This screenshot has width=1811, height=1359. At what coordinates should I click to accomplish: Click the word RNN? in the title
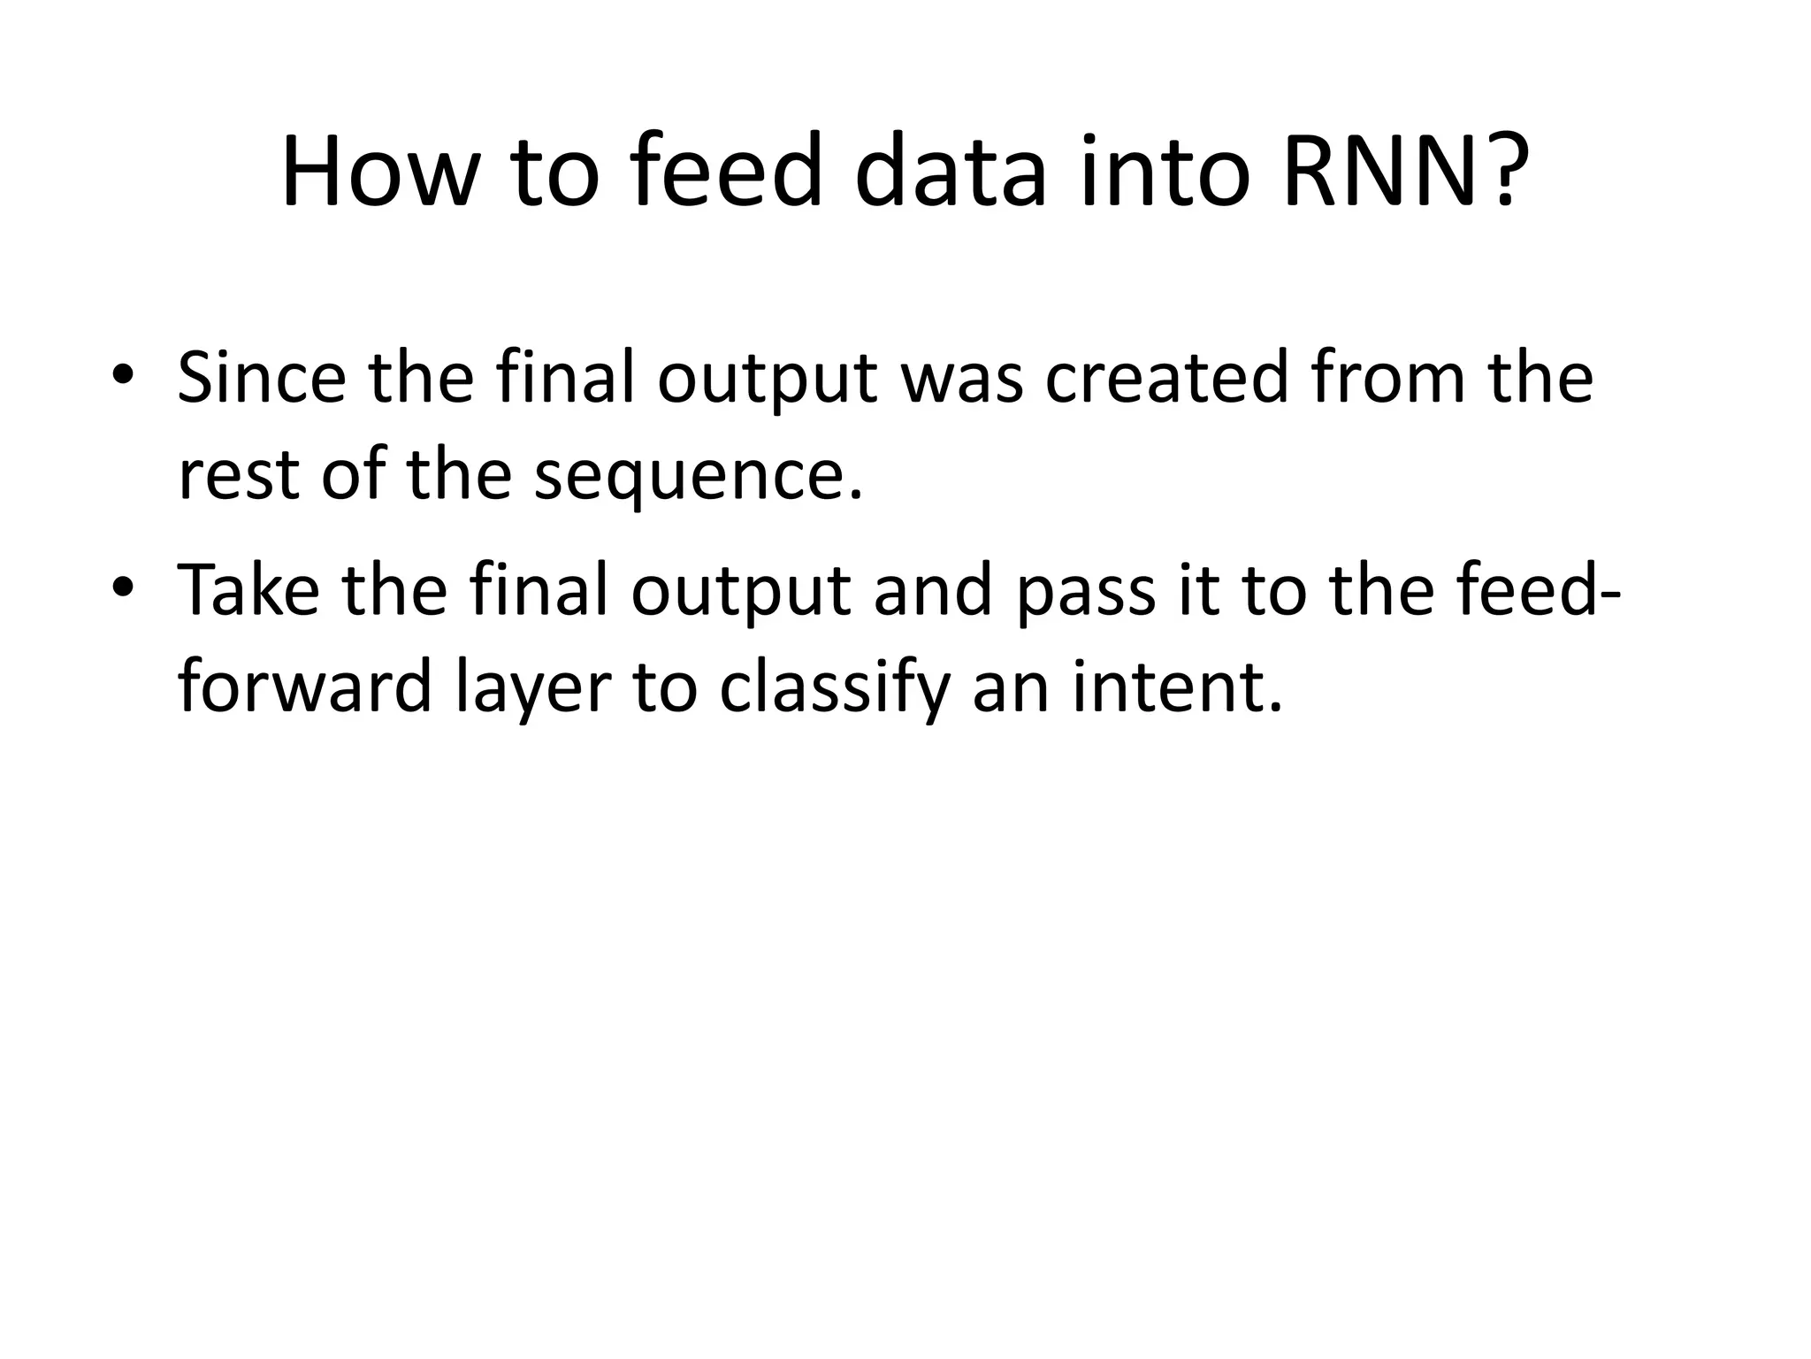(1406, 173)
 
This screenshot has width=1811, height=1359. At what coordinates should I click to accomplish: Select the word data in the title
(951, 173)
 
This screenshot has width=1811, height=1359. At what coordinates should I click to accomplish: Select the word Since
(262, 379)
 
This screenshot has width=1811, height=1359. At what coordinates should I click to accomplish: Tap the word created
(1166, 379)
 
